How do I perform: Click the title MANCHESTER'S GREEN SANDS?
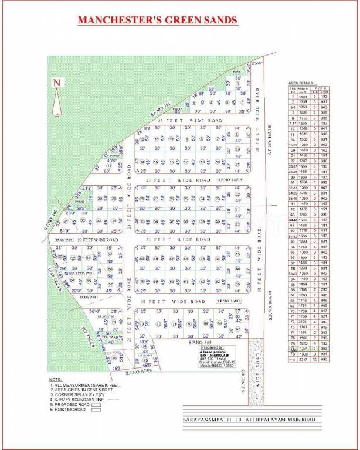tap(158, 21)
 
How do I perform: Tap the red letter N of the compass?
tap(56, 83)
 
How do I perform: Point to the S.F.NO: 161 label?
tap(159, 107)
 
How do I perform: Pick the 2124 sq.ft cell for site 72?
tap(304, 321)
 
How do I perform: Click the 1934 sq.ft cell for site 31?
tap(304, 182)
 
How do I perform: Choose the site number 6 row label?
tap(293, 118)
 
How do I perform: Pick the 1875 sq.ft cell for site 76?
tap(304, 343)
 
